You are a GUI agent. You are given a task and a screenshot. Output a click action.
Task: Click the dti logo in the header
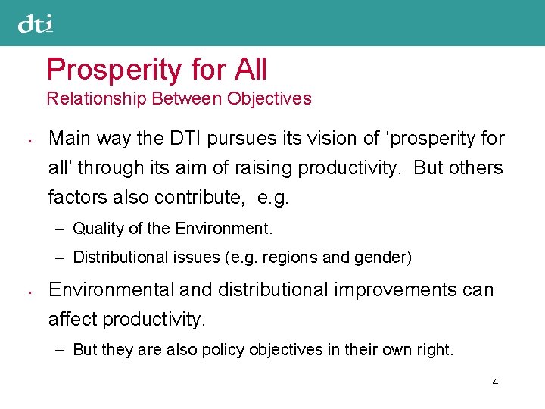(36, 24)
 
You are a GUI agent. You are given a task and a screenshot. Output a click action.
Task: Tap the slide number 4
(495, 382)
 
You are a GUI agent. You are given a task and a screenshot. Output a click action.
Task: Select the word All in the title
(250, 70)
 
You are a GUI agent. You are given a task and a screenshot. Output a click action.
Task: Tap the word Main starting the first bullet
(67, 138)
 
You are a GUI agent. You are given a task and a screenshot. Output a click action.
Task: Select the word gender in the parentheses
(386, 258)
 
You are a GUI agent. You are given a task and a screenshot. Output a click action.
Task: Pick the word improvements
(386, 289)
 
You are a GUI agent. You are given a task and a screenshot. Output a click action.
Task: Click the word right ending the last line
(437, 349)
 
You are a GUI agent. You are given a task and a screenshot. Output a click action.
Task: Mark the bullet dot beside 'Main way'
(26, 140)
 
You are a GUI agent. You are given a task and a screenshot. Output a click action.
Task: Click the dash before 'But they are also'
(60, 349)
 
